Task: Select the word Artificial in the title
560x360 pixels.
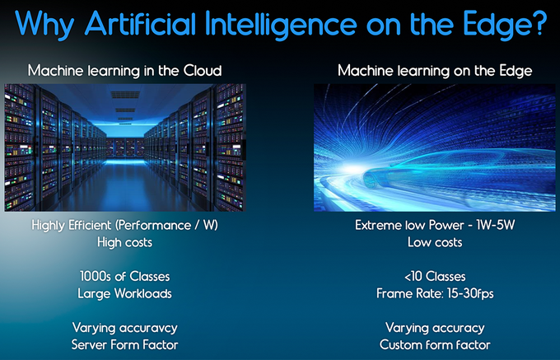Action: tap(140, 23)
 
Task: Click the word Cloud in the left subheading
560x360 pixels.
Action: tap(203, 70)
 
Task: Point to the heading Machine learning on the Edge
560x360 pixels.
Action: tap(435, 71)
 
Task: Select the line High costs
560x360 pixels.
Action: tap(124, 242)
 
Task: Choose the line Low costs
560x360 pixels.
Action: tap(435, 242)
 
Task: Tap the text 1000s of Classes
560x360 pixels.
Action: tap(124, 277)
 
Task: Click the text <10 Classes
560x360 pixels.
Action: tap(435, 277)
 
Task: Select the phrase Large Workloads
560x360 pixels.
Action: tap(124, 294)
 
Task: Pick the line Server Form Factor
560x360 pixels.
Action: tap(124, 345)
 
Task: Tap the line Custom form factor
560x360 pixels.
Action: tap(435, 345)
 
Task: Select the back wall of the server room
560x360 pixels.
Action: tap(125, 147)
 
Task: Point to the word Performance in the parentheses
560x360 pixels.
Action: tap(155, 226)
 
